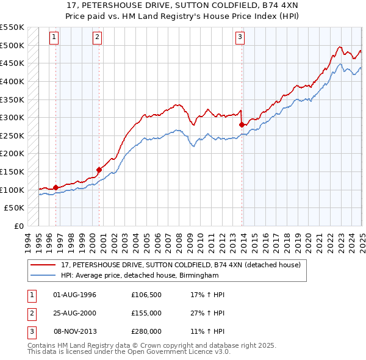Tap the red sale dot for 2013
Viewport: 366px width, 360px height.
click(242, 124)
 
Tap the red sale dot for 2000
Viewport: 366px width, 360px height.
click(99, 170)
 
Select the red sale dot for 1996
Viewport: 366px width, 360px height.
click(56, 187)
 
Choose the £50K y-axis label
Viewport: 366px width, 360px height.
click(15, 208)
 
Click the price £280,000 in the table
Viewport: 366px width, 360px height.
click(146, 331)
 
